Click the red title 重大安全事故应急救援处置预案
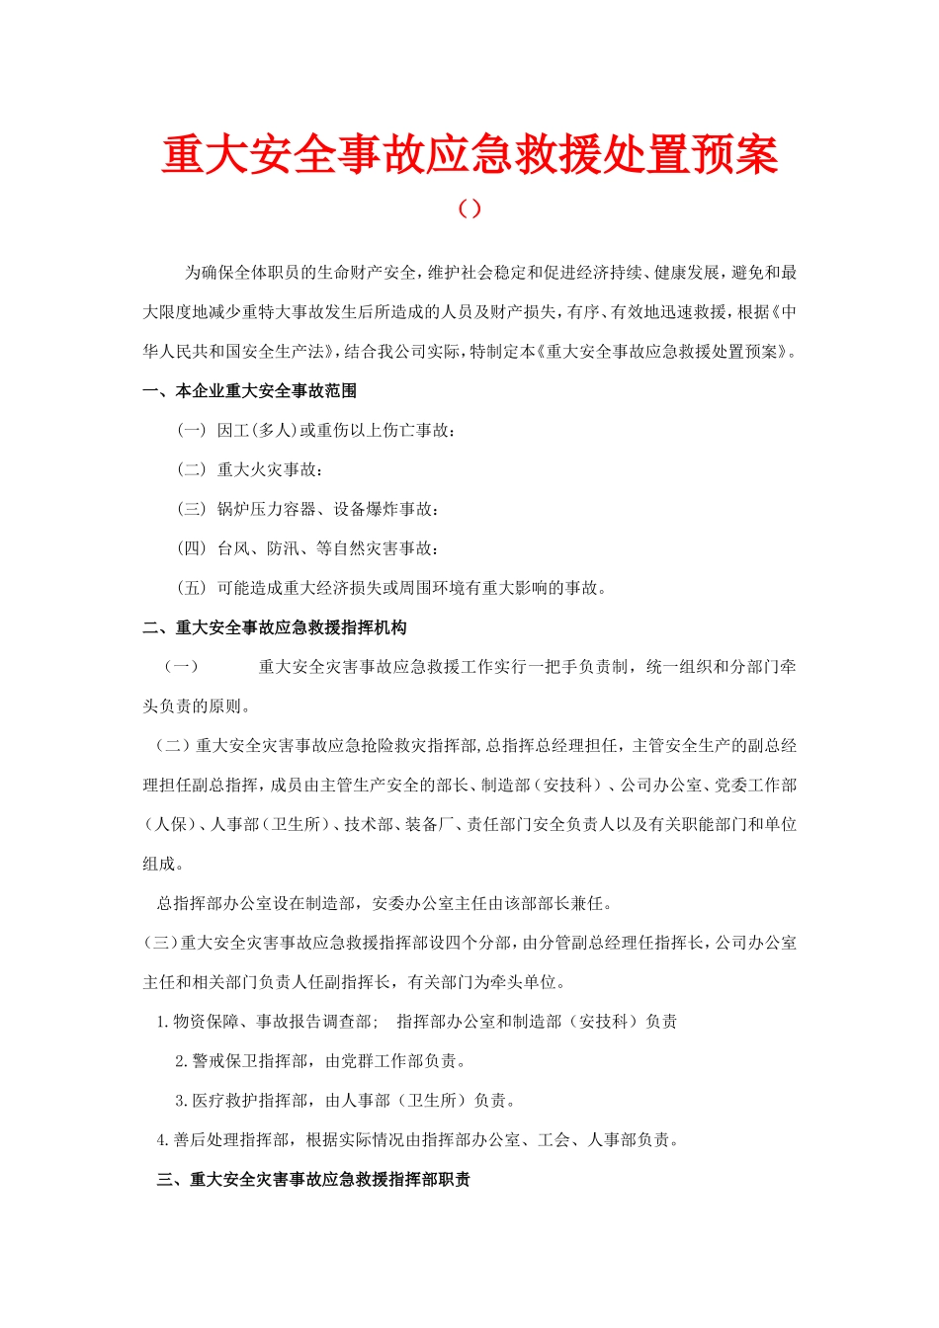click(469, 155)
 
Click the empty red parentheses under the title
click(469, 208)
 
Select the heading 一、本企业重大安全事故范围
click(250, 391)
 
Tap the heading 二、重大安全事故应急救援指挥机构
click(275, 627)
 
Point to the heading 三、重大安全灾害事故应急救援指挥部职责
click(313, 1180)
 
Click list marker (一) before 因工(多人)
click(192, 431)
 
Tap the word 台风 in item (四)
click(233, 549)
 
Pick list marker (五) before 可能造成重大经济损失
click(192, 589)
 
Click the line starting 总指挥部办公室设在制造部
click(384, 904)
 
